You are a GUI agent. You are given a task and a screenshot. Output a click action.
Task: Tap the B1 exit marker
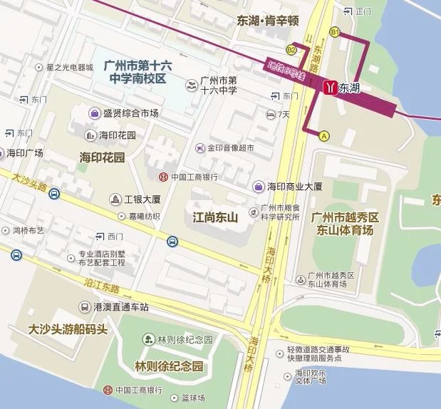(x=334, y=32)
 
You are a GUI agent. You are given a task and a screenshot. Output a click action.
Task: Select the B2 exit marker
(x=291, y=50)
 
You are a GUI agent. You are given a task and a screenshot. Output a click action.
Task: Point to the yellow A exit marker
(x=324, y=135)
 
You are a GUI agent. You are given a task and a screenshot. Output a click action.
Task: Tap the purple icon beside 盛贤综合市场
(x=94, y=113)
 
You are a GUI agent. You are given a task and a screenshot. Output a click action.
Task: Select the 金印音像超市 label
(x=230, y=148)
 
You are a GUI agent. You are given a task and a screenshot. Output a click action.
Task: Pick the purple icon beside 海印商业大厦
(x=259, y=186)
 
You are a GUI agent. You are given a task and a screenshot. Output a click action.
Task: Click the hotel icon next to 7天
(x=271, y=114)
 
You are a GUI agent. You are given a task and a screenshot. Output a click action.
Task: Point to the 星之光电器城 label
(x=69, y=68)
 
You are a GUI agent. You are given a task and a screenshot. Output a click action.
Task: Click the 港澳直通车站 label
(x=120, y=306)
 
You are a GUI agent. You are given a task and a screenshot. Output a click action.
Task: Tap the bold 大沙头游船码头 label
(x=68, y=330)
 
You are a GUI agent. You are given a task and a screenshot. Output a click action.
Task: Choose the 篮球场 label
(x=192, y=398)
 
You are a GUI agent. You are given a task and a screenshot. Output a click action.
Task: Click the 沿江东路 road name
(x=100, y=284)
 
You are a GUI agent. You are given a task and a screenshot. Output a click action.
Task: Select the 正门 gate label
(x=363, y=11)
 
